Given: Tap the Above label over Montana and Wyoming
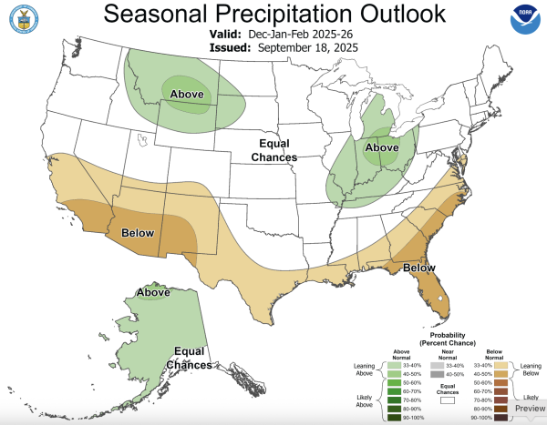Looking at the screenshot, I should pyautogui.click(x=187, y=93).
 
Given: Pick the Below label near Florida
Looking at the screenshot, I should pyautogui.click(x=419, y=269).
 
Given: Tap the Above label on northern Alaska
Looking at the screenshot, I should pyautogui.click(x=154, y=292).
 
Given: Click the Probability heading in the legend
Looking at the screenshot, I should pyautogui.click(x=446, y=336).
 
